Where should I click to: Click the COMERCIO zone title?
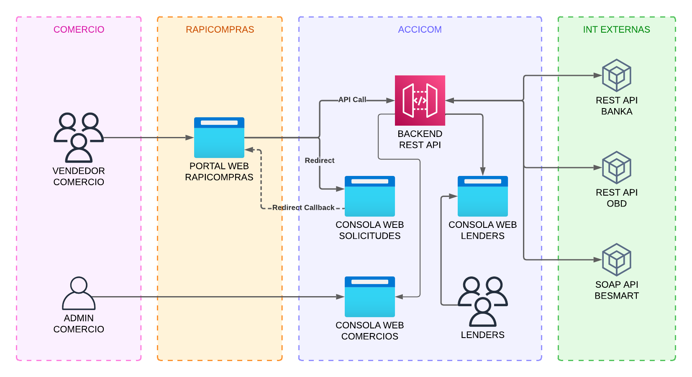point(79,30)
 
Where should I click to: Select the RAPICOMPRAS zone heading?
point(220,30)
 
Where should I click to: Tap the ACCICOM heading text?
point(420,30)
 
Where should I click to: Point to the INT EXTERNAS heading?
point(616,30)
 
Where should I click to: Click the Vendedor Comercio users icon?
point(79,137)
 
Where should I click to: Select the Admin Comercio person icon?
point(79,293)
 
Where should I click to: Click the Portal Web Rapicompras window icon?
point(219,137)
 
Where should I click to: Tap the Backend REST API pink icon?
point(420,101)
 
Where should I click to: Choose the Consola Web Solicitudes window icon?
point(370,196)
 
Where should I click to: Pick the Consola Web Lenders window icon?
point(483,196)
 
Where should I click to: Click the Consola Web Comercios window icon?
point(370,297)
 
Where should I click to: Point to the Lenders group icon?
point(483,302)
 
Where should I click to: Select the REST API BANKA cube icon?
point(617,76)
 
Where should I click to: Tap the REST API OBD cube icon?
point(617,168)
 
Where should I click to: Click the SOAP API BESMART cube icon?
point(617,260)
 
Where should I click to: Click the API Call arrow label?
point(352,100)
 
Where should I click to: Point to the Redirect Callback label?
point(303,208)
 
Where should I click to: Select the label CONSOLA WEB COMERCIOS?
point(370,331)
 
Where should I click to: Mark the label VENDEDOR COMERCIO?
point(79,176)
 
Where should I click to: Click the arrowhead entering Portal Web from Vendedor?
point(190,137)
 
